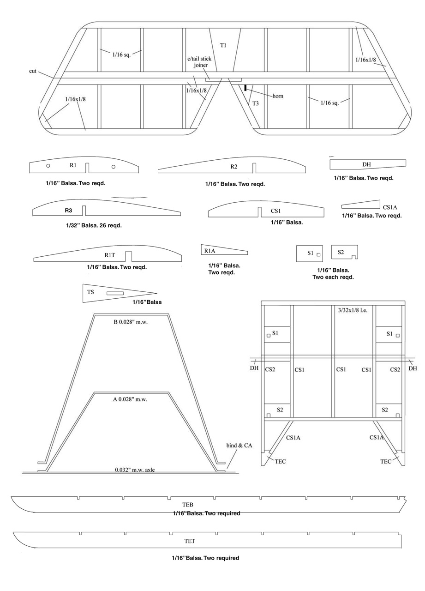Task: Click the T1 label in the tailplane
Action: tap(223, 45)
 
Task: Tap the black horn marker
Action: tap(245, 87)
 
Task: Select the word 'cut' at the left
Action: tap(33, 71)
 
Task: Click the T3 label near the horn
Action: tap(255, 103)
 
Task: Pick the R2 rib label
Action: tap(234, 167)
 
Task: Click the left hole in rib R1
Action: tap(48, 166)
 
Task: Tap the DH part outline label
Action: tap(367, 164)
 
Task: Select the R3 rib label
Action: tap(68, 211)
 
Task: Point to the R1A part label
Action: tap(210, 251)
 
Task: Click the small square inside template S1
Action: tap(318, 254)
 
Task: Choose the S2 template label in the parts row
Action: tap(341, 252)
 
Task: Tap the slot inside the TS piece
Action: tap(115, 293)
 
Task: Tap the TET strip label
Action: tap(190, 540)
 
